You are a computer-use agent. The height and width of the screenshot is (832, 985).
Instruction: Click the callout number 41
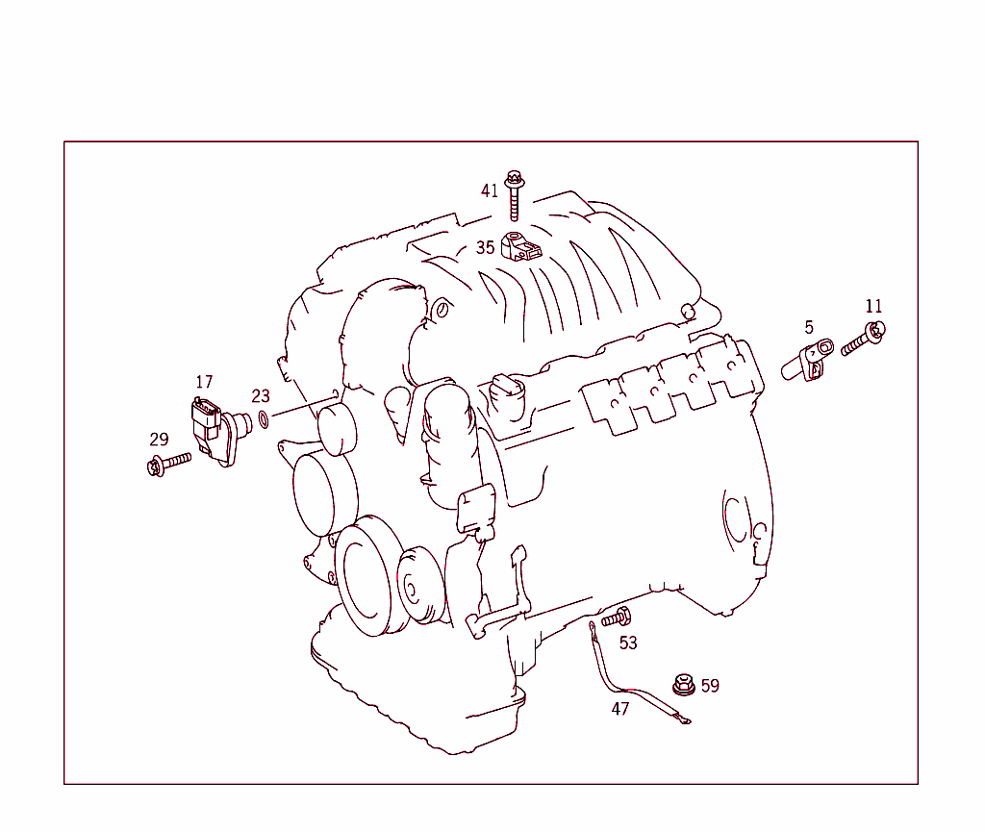pos(490,190)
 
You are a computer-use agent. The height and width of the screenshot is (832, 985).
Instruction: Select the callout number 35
pos(485,247)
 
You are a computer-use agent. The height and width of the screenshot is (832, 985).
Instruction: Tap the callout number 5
pos(809,327)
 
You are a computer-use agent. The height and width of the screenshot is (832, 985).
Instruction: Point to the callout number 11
pos(873,307)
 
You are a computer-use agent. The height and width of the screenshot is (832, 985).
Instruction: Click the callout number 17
pos(204,383)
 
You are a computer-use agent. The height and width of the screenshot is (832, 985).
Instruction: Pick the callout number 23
pos(261,396)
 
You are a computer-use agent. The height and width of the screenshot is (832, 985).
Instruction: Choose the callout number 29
pos(159,440)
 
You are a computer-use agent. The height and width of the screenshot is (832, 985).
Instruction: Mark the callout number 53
pos(628,643)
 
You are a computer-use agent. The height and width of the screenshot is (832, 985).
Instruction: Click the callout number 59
pos(710,686)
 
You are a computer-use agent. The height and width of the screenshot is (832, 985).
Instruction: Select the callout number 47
pos(620,709)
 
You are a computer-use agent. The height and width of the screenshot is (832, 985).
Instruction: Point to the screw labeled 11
pos(863,340)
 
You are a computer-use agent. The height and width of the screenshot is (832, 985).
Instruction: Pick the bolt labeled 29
pos(168,465)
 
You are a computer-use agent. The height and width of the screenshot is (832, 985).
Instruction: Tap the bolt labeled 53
pos(617,618)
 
